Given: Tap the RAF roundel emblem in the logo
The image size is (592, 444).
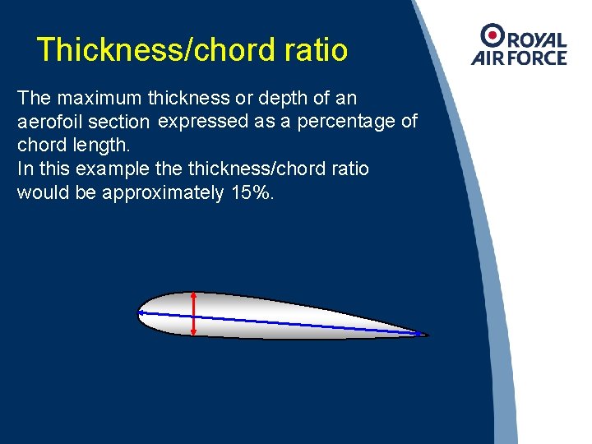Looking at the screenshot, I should (493, 34).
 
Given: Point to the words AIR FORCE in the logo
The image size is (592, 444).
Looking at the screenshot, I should (519, 58).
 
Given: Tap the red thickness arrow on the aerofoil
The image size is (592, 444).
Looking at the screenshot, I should (194, 313).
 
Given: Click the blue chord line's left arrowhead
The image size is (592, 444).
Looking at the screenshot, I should (141, 312).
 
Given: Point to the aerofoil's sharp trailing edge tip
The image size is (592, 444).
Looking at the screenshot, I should (428, 335).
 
